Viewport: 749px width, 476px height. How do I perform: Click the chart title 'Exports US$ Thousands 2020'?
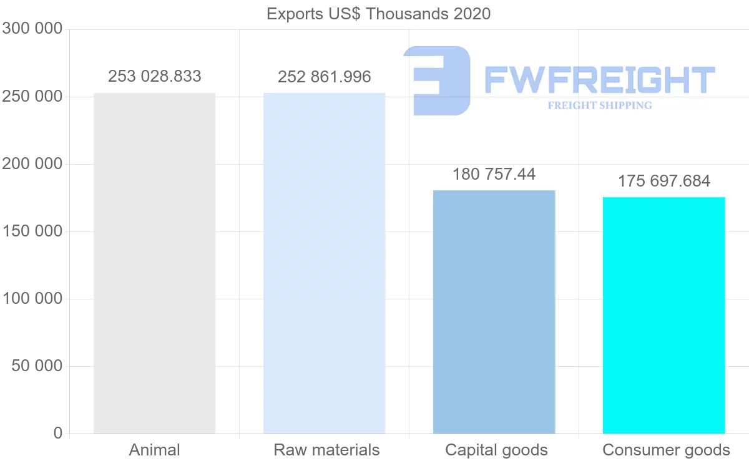(x=378, y=13)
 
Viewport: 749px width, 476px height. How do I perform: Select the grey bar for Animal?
(x=154, y=263)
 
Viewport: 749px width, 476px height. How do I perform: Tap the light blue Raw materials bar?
(x=324, y=263)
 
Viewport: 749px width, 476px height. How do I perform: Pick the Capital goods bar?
(x=494, y=311)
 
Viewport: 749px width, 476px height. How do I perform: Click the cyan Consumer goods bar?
(x=663, y=315)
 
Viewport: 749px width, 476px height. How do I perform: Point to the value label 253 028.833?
(x=155, y=76)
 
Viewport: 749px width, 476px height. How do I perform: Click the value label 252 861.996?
(x=325, y=77)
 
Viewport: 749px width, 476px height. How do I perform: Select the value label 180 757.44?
(x=494, y=174)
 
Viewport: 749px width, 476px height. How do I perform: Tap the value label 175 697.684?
(x=664, y=181)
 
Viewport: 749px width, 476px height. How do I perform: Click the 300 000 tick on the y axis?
(x=32, y=29)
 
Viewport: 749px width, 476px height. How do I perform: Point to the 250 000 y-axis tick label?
(x=32, y=97)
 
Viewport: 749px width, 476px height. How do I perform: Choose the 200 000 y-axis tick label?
(x=32, y=164)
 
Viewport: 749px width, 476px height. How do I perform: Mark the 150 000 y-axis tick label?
(x=32, y=231)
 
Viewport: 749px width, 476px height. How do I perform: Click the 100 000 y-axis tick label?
(x=32, y=299)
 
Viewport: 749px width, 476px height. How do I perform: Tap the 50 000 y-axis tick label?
(x=37, y=366)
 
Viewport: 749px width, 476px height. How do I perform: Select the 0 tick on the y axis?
(x=58, y=433)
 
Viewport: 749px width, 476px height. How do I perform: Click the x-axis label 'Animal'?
(x=154, y=450)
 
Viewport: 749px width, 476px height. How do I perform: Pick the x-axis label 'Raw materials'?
(x=326, y=450)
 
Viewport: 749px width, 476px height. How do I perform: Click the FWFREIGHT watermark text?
(x=599, y=80)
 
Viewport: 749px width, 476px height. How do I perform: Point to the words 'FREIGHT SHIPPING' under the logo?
(x=600, y=105)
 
